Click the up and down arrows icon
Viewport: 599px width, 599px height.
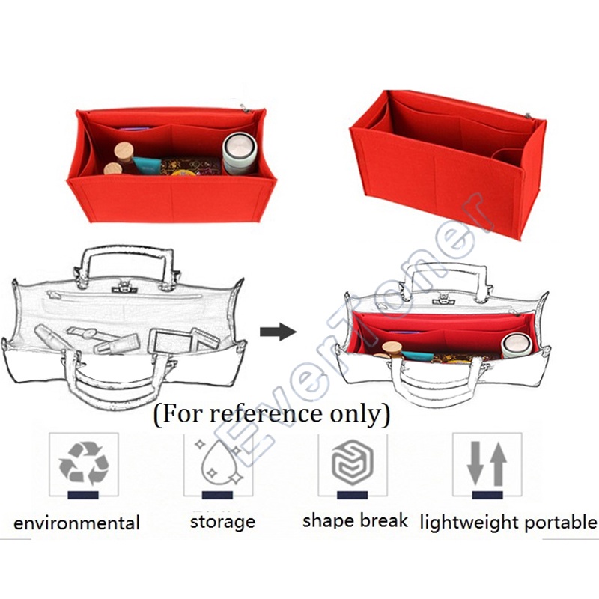pyautogui.click(x=487, y=463)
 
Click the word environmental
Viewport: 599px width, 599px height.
pyautogui.click(x=76, y=523)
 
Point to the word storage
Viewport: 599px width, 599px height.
pyautogui.click(x=222, y=521)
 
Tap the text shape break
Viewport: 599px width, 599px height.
pyautogui.click(x=355, y=520)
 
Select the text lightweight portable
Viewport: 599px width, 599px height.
pyautogui.click(x=508, y=521)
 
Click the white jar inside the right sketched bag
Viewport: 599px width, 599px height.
pyautogui.click(x=516, y=343)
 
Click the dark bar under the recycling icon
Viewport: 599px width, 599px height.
pyautogui.click(x=83, y=495)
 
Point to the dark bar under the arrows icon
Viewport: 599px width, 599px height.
pyautogui.click(x=487, y=495)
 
